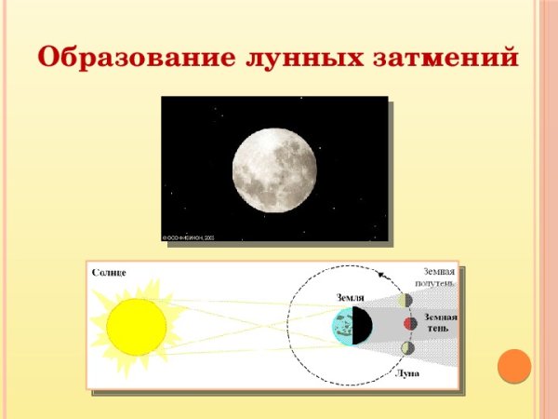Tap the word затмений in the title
pyautogui.click(x=445, y=58)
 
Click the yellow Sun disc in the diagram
pyautogui.click(x=136, y=327)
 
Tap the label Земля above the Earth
pyautogui.click(x=350, y=297)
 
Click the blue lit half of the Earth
pyautogui.click(x=343, y=326)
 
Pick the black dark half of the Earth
pyautogui.click(x=363, y=326)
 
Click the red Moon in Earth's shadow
pyautogui.click(x=409, y=324)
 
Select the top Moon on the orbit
pyautogui.click(x=405, y=300)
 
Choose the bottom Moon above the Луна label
pyautogui.click(x=407, y=348)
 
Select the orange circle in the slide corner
pyautogui.click(x=513, y=365)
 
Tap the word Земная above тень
pyautogui.click(x=440, y=317)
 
